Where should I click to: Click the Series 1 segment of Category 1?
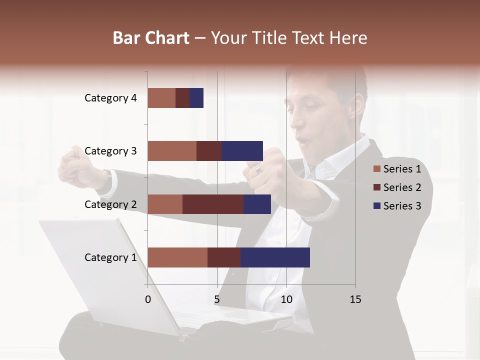click(177, 257)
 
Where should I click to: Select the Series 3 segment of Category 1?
click(275, 257)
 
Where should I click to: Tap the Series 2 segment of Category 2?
click(213, 204)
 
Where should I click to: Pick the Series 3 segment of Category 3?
click(242, 151)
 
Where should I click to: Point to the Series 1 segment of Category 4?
click(161, 98)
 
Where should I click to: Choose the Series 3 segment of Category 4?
click(196, 98)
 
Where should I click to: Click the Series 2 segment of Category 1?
click(224, 257)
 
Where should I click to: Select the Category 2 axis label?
click(110, 204)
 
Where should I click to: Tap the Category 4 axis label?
click(110, 98)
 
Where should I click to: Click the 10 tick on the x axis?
click(286, 299)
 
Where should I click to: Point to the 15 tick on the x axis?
click(355, 299)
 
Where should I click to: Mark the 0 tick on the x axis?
click(148, 299)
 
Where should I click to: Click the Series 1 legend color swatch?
click(376, 169)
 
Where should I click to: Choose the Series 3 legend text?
click(402, 206)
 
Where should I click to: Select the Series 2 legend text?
click(402, 187)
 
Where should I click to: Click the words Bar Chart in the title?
click(151, 38)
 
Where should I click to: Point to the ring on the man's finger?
click(258, 170)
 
